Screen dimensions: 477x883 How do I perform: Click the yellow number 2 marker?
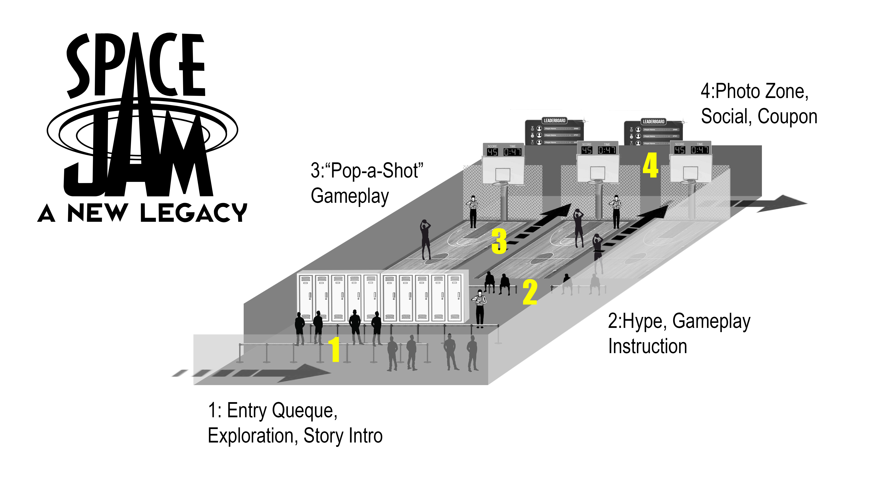pos(530,292)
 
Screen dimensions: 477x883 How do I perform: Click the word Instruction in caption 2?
pos(647,346)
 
